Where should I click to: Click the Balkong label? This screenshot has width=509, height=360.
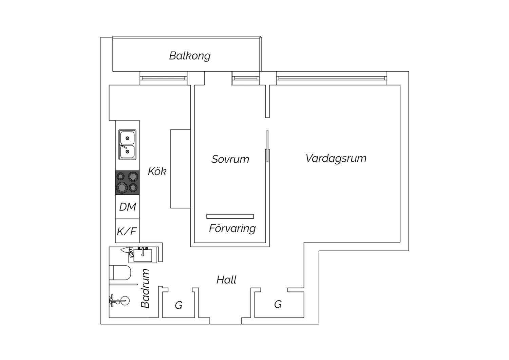[x=190, y=56]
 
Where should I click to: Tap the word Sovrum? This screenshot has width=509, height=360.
[x=230, y=159]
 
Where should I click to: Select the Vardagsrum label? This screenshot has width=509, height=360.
[x=336, y=159]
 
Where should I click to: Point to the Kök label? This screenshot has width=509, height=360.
[x=157, y=171]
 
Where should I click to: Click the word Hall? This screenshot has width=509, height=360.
[x=226, y=280]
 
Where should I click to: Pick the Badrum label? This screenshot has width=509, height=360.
[x=145, y=288]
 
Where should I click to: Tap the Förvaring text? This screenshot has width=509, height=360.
[x=232, y=229]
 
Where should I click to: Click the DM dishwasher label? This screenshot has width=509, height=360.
[x=128, y=207]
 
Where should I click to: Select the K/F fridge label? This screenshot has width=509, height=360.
[x=127, y=231]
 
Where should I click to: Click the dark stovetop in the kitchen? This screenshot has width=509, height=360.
[x=127, y=183]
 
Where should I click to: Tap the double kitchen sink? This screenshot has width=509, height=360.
[x=127, y=145]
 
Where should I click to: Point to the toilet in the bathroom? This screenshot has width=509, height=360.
[x=120, y=272]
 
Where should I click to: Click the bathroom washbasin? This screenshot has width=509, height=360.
[x=143, y=255]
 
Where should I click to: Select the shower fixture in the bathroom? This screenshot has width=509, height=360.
[x=119, y=301]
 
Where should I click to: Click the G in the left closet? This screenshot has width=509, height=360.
[x=178, y=305]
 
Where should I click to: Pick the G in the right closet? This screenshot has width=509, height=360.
[x=278, y=304]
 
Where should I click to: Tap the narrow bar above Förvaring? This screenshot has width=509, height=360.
[x=230, y=216]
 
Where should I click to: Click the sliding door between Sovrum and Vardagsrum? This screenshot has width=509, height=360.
[x=267, y=146]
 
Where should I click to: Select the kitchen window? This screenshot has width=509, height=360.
[x=163, y=78]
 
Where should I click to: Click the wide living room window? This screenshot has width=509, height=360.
[x=332, y=78]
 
